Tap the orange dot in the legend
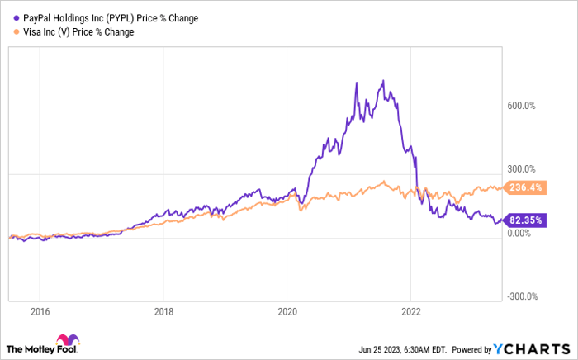click(10, 32)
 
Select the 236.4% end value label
click(526, 187)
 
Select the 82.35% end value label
click(526, 220)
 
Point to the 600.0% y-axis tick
click(521, 106)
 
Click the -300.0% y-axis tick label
click(521, 296)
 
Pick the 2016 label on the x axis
click(40, 313)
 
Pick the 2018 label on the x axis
click(163, 313)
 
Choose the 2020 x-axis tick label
click(287, 313)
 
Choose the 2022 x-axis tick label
click(410, 313)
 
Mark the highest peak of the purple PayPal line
click(382, 81)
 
